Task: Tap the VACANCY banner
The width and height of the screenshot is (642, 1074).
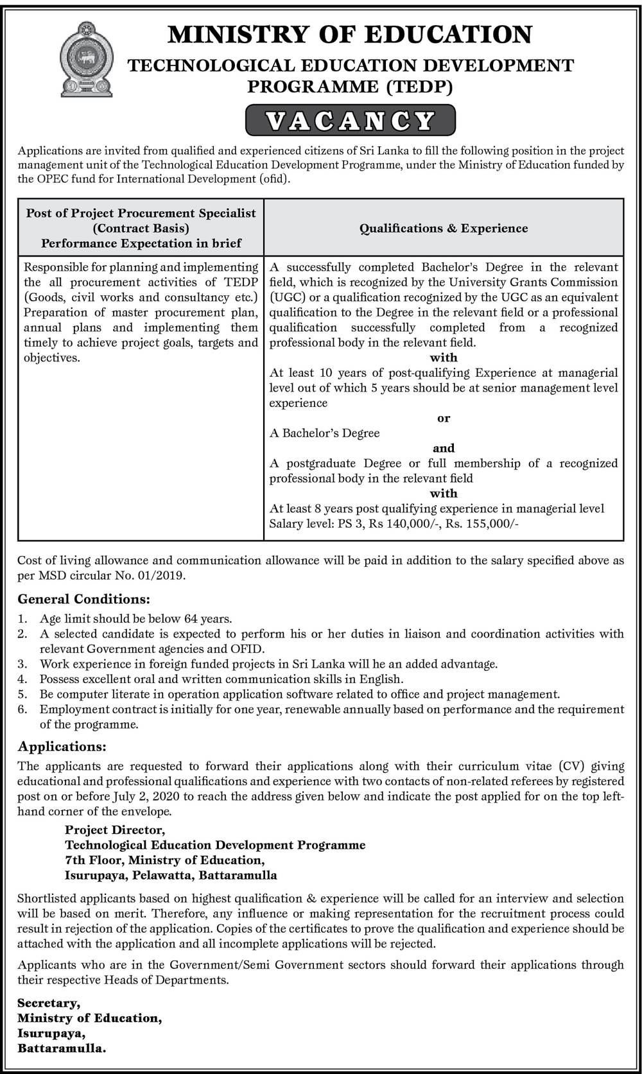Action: tap(351, 120)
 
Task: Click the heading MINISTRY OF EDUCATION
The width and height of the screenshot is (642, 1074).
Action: tap(350, 34)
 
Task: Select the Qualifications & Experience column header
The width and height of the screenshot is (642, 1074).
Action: tap(444, 228)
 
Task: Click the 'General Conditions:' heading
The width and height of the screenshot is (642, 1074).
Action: tap(84, 599)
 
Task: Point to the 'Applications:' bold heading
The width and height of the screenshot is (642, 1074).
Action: tap(62, 746)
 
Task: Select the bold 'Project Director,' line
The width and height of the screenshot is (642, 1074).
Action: tap(115, 830)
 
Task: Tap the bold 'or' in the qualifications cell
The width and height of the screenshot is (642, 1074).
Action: tap(444, 418)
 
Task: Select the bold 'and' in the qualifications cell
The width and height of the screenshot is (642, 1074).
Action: tap(444, 448)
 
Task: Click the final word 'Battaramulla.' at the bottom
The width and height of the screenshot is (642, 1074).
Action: tap(62, 1048)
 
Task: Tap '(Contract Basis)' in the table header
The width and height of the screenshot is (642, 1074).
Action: tap(141, 228)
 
